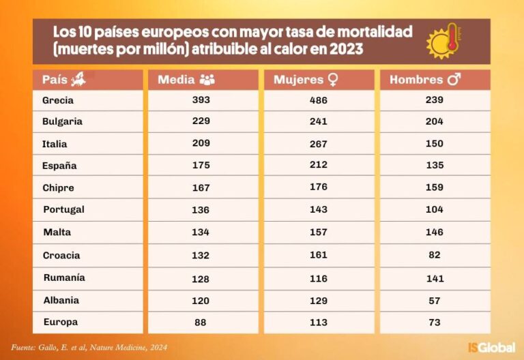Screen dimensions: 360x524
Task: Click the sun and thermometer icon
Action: tap(445, 41)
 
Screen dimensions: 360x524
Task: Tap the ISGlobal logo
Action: tap(491, 347)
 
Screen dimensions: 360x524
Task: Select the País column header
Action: tap(64, 80)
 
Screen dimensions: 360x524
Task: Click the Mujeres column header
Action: tap(306, 80)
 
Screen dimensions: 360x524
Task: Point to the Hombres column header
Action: tap(425, 80)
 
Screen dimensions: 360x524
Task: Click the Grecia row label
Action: tap(58, 100)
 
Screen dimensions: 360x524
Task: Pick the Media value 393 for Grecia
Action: tap(201, 100)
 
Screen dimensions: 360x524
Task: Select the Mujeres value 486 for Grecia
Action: tap(319, 100)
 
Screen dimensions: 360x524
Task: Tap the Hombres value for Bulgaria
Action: tap(435, 121)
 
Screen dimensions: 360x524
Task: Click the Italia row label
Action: tap(55, 144)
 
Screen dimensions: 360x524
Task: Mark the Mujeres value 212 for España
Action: tap(319, 165)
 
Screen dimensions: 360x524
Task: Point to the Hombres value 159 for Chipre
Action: tap(435, 187)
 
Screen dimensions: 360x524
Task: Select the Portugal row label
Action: tap(63, 209)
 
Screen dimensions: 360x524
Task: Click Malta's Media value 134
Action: tap(201, 231)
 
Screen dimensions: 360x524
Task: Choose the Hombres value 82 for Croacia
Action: tap(435, 255)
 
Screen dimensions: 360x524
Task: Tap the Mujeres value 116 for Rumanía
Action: tap(319, 278)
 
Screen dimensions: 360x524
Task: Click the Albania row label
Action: tap(61, 300)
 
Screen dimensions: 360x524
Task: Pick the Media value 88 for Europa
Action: tap(201, 322)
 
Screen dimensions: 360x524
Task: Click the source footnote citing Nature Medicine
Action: tap(89, 348)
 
